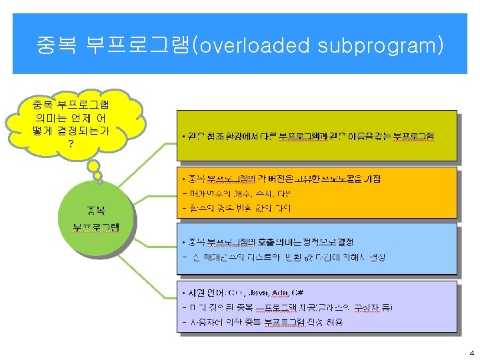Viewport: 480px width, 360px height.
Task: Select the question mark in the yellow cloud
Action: coord(71,143)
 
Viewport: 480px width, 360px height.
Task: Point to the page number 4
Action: coord(471,352)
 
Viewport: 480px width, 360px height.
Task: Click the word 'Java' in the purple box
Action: coord(257,293)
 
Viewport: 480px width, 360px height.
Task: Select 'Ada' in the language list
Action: coord(282,293)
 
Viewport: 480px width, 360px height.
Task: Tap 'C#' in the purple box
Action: coord(299,293)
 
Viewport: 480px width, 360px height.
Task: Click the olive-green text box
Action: coord(317,136)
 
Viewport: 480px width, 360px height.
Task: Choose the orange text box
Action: coord(317,193)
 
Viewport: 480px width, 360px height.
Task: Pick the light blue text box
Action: coord(317,249)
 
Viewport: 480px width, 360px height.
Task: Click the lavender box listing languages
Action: coord(317,307)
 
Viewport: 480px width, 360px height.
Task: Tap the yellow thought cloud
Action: coord(73,123)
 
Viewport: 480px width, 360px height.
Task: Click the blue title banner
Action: coord(239,43)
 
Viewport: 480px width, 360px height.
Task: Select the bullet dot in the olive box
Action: coord(183,137)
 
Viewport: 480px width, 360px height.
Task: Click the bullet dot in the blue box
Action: coord(183,241)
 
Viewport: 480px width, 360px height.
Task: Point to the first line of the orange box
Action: coord(280,179)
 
